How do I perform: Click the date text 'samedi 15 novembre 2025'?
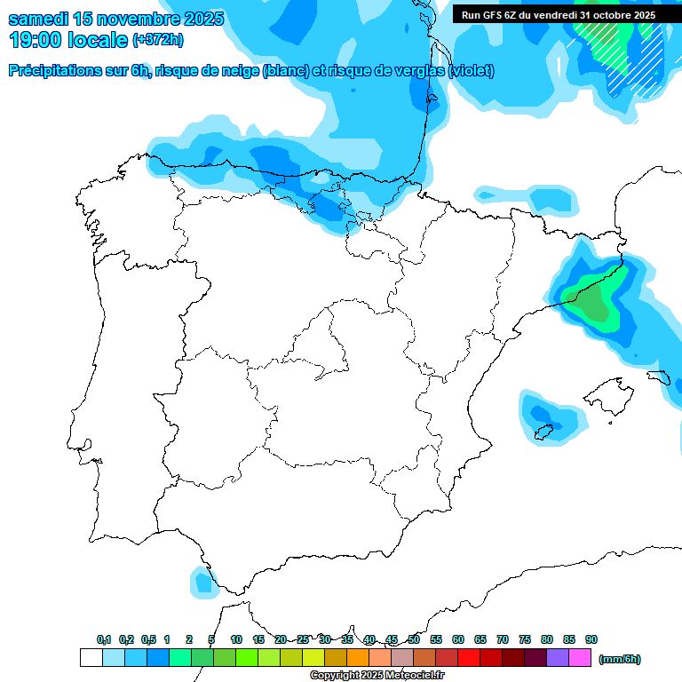[x=115, y=19]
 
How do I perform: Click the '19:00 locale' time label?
[x=67, y=40]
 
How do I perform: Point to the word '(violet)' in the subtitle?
[x=472, y=71]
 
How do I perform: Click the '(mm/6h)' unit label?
[x=620, y=659]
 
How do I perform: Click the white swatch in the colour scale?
[x=91, y=658]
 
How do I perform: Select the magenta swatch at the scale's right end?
[x=580, y=658]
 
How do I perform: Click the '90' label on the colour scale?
[x=591, y=640]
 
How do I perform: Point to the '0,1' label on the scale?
[x=104, y=640]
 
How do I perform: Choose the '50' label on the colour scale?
[x=414, y=640]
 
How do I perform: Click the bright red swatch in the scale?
[x=469, y=658]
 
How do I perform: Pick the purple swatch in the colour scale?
[x=558, y=658]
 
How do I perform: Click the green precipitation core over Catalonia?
[x=590, y=301]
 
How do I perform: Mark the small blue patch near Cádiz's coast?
[x=204, y=583]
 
